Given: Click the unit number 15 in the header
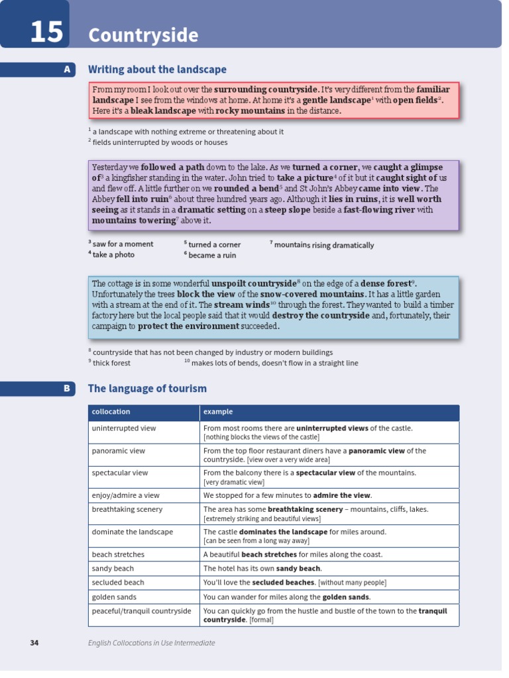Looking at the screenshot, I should [x=46, y=32].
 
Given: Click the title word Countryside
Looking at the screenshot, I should [x=143, y=35].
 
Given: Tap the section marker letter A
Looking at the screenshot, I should [x=67, y=70].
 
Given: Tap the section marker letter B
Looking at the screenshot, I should [x=67, y=389].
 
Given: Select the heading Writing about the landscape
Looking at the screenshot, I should [x=157, y=70].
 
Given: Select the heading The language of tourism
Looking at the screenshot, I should [x=147, y=389].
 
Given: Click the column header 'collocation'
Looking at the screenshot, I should [x=111, y=412].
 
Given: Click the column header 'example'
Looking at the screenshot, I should [x=218, y=412].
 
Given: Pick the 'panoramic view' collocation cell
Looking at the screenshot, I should [x=119, y=451].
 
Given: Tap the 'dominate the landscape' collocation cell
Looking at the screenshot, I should [x=132, y=532].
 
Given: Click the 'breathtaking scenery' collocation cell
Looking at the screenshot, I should [x=127, y=509].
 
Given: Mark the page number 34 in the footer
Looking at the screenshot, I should [x=34, y=643].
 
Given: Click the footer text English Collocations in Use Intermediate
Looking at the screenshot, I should [x=152, y=643].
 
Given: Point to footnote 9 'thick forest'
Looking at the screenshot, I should [x=111, y=363].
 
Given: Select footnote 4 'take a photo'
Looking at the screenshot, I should [x=113, y=255].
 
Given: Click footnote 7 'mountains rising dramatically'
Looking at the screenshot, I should [x=323, y=245].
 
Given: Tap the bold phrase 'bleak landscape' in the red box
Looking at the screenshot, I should [x=163, y=111].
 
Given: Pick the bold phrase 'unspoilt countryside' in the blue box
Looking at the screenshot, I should [x=254, y=283].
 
